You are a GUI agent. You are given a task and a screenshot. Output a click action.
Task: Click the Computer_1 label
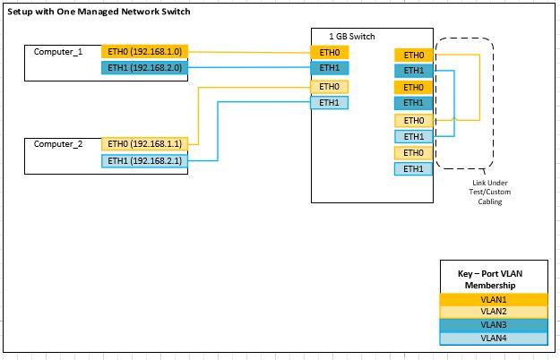tap(58, 52)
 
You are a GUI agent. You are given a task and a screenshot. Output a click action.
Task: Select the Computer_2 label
tap(58, 143)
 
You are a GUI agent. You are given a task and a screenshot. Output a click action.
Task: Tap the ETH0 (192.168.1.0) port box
tap(144, 52)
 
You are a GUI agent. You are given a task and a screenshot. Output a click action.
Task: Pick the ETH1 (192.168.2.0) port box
tap(144, 67)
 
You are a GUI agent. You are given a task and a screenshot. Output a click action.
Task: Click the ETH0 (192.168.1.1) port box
tap(144, 143)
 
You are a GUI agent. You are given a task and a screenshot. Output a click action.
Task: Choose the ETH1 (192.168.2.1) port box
tap(144, 160)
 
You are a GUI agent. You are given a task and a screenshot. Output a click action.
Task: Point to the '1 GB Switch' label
tap(352, 37)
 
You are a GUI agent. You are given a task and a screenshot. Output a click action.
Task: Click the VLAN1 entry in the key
tap(494, 299)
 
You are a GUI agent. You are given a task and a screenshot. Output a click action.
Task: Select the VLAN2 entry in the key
tap(494, 312)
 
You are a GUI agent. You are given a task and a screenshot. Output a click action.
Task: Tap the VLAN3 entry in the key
tap(494, 324)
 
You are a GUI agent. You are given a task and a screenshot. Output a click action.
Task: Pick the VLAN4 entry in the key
tap(494, 338)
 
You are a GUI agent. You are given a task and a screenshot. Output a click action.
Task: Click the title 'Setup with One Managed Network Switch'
tap(99, 13)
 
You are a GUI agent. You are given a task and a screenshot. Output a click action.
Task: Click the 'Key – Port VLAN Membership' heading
tap(494, 277)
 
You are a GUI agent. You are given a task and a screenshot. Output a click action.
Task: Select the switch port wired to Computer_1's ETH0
tap(329, 52)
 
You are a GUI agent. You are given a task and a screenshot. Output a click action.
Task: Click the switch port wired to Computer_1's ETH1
tap(329, 68)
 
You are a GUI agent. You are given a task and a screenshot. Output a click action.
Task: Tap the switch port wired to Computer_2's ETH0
tap(329, 87)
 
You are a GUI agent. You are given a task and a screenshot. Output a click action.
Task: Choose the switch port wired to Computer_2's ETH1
tap(329, 103)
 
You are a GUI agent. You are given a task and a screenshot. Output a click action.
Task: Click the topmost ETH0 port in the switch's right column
tap(413, 56)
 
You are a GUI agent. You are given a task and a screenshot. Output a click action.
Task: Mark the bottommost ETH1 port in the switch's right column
tap(413, 168)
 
